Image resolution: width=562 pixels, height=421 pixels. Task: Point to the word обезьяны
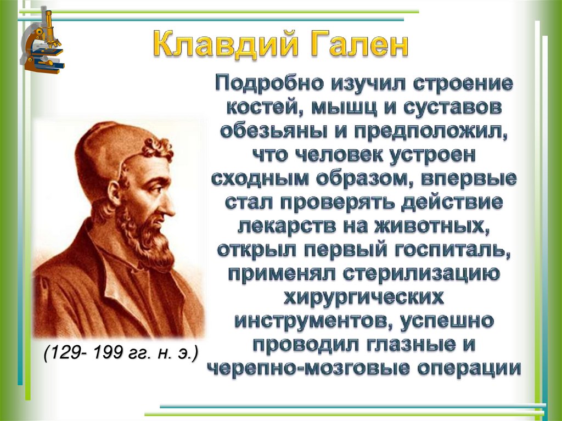point(267,131)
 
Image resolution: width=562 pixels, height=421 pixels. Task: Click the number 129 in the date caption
point(68,352)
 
